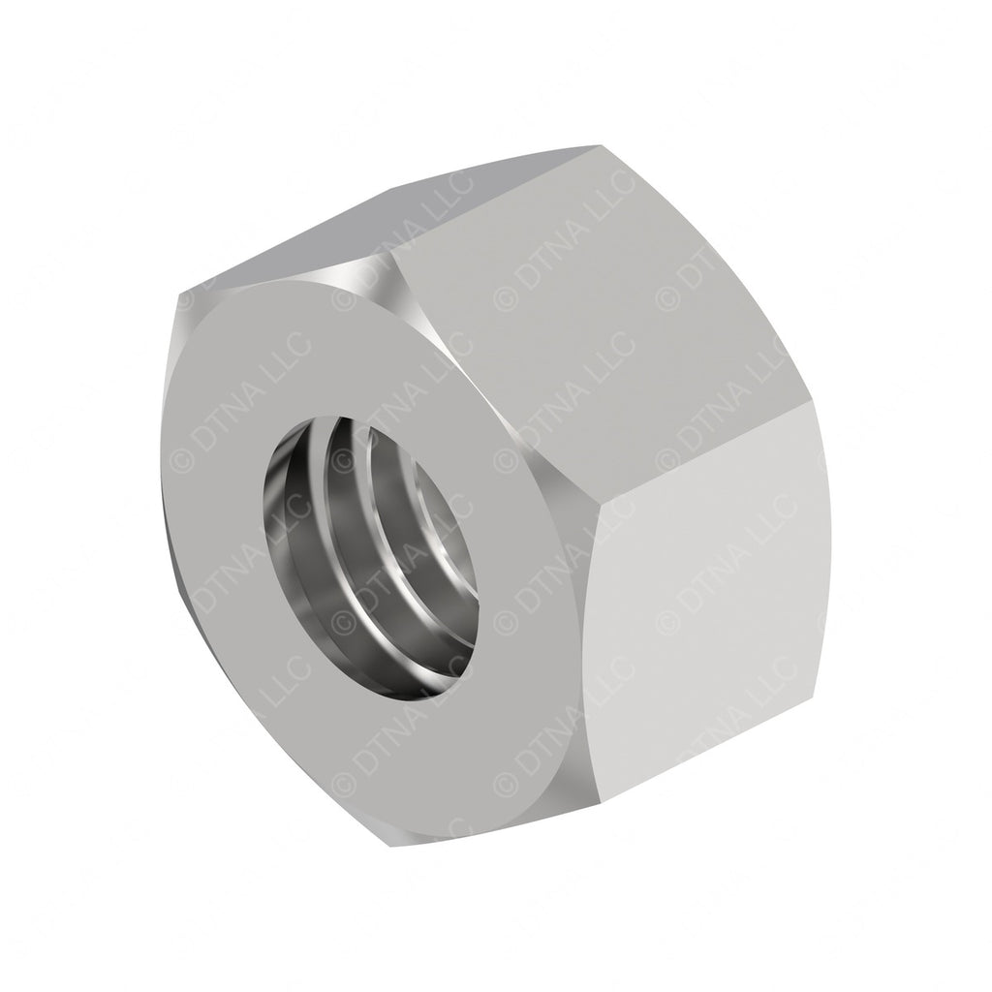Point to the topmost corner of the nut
598,146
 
